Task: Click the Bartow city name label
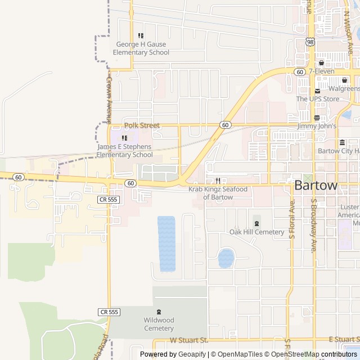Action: (316, 186)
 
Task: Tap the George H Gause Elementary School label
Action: (141, 48)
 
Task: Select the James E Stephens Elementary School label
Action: (124, 151)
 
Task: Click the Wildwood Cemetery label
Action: (159, 324)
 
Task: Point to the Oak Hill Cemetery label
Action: (257, 232)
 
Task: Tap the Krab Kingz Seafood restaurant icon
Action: (218, 181)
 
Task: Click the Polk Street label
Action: (142, 125)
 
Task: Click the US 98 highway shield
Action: (310, 42)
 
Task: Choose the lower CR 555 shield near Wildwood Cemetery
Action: (109, 312)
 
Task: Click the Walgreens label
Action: (344, 88)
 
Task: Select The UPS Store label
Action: (318, 99)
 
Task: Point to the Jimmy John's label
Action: (317, 126)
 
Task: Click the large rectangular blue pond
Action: (166, 243)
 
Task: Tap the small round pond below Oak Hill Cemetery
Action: (226, 258)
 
